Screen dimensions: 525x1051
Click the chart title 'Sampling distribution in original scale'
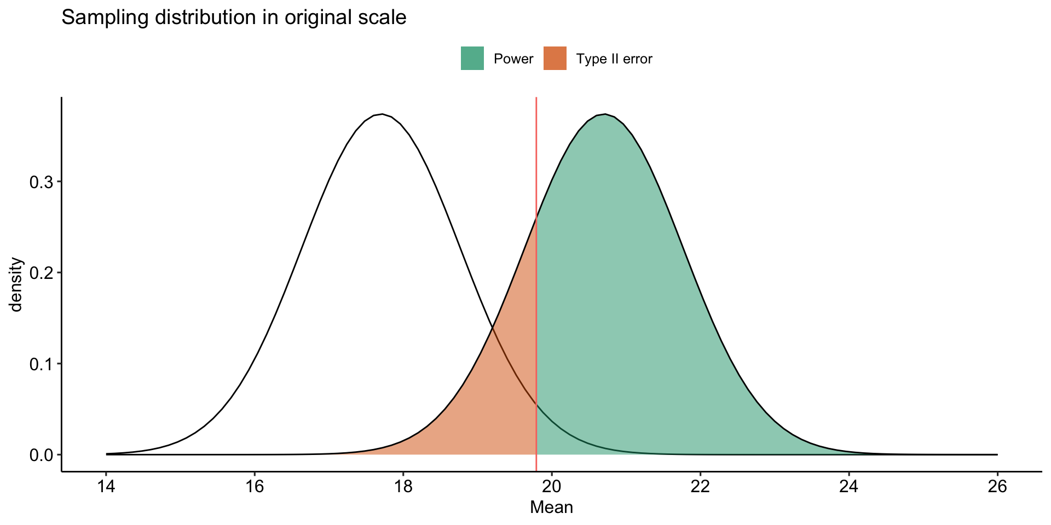(234, 17)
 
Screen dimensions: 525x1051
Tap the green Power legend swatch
(472, 59)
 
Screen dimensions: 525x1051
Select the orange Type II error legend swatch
(555, 59)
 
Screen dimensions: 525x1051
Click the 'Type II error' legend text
(614, 59)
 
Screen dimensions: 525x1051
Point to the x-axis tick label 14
(106, 487)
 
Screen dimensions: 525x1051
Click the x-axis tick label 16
(255, 487)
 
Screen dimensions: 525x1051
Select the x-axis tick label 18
(403, 487)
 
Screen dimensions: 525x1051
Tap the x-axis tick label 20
(552, 487)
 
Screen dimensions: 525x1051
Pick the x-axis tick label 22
(700, 487)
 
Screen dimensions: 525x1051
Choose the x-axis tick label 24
(848, 487)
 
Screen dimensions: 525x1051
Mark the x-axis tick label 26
(997, 487)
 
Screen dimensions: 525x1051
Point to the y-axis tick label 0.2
(42, 273)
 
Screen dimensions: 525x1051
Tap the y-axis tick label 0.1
(42, 364)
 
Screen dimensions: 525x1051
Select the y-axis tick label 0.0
(42, 455)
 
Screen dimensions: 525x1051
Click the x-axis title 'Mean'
(551, 507)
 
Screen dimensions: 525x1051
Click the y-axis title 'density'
(16, 284)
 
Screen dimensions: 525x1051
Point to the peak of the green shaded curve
(604, 114)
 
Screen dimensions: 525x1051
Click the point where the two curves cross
(493, 327)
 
